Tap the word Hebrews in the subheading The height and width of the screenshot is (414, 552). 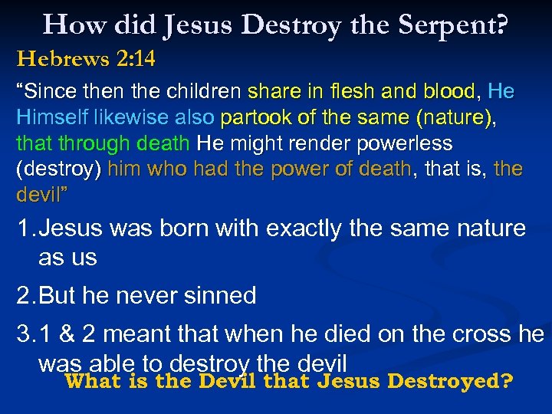tap(55, 58)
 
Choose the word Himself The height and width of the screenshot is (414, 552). tap(48, 118)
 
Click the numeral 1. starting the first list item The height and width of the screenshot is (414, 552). tap(26, 228)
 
